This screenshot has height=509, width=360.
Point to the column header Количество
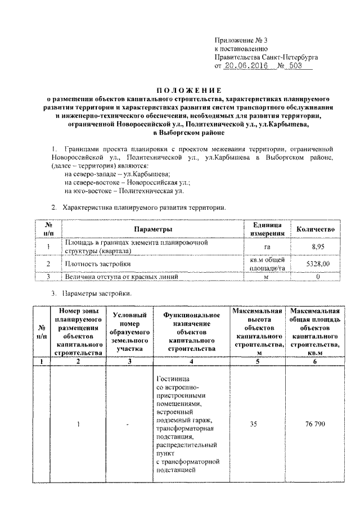[316, 229]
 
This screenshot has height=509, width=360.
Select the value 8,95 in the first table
[316, 246]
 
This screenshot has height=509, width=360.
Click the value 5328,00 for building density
[316, 263]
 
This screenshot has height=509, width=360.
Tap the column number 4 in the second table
[191, 362]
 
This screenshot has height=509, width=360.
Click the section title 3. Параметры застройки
[93, 293]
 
